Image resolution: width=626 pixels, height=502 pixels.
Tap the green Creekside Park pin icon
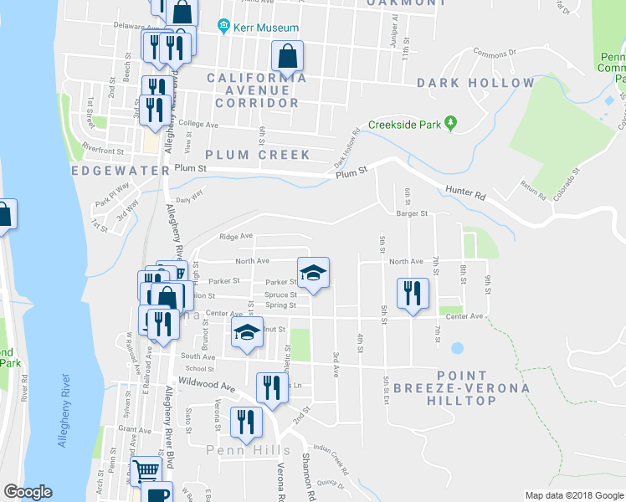tap(451, 124)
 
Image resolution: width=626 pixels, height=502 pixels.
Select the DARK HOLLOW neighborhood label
tap(475, 83)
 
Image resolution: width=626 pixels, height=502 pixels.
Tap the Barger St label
tap(412, 214)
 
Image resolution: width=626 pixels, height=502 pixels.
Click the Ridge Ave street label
tap(236, 237)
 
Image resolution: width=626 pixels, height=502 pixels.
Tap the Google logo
tap(28, 491)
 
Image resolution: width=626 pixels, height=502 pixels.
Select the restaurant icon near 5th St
tap(412, 293)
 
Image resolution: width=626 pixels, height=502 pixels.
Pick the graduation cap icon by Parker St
tap(313, 273)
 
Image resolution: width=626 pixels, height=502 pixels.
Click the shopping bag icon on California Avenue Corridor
tap(287, 57)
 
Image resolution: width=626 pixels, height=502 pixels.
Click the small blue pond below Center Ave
tap(457, 347)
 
